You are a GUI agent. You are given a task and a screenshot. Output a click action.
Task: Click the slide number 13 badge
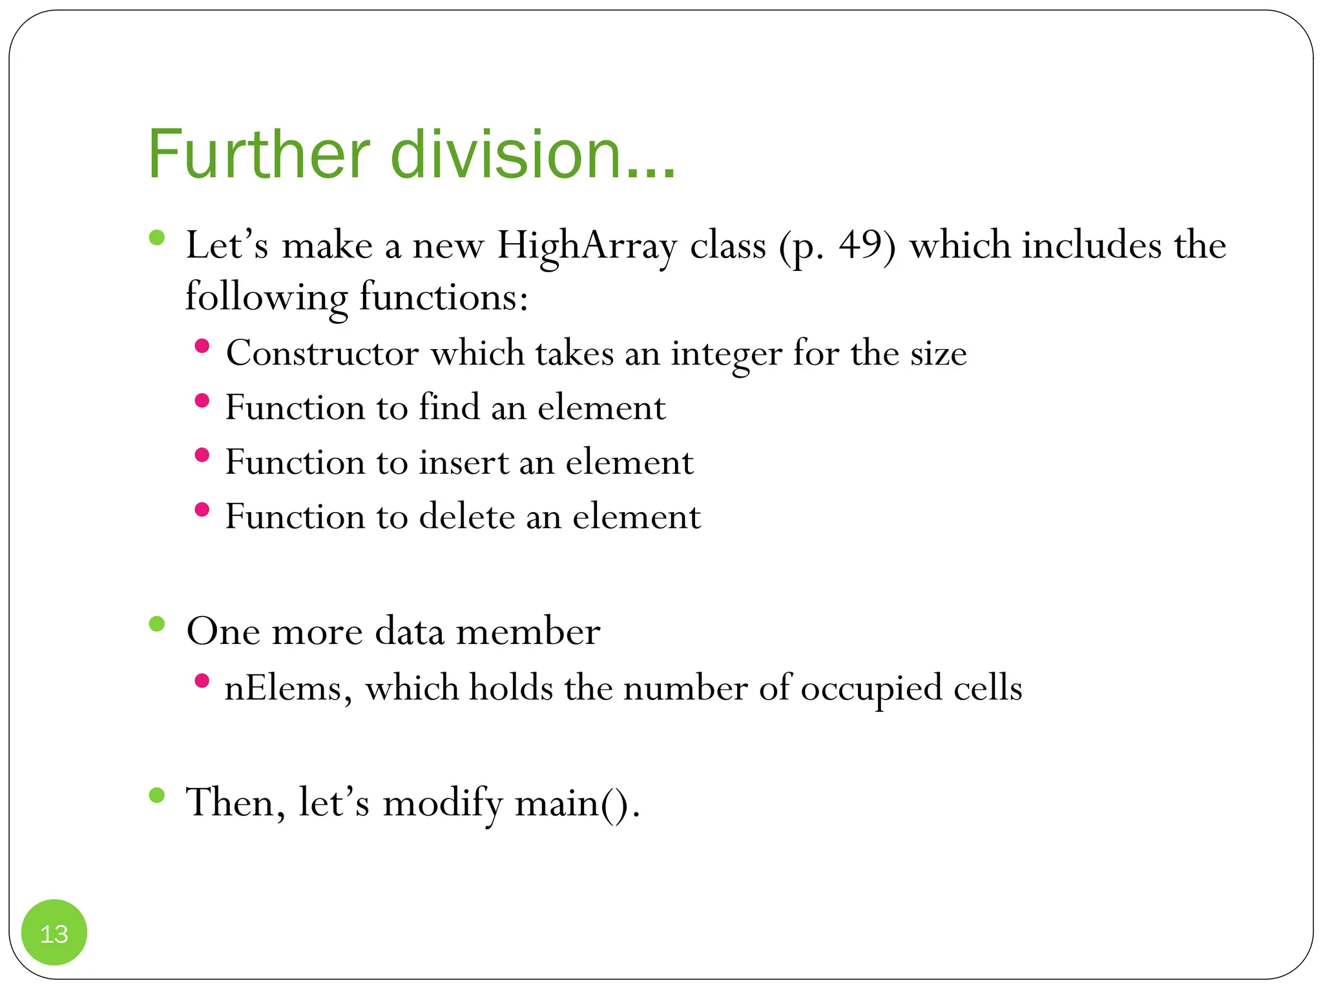(x=54, y=932)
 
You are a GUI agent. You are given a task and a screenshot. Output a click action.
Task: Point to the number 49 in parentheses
(x=859, y=246)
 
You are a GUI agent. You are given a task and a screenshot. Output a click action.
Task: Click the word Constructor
(x=322, y=354)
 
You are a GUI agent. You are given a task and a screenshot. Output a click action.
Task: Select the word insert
(x=463, y=463)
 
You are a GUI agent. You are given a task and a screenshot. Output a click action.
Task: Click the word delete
(x=466, y=517)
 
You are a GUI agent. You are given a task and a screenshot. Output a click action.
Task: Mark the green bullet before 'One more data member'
(x=157, y=625)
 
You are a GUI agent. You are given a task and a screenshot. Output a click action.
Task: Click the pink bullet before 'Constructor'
(x=202, y=346)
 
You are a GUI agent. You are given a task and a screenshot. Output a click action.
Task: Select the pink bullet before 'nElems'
(x=202, y=680)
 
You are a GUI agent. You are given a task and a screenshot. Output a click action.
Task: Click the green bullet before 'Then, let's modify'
(x=157, y=795)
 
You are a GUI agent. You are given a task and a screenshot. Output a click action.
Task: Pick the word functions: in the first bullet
(x=443, y=298)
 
